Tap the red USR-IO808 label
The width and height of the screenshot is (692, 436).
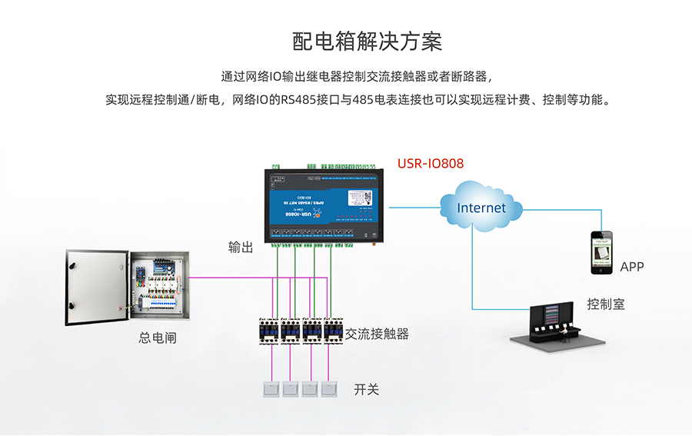coord(431,164)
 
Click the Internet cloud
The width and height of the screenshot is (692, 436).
coord(481,207)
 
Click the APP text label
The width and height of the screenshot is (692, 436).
coord(631,268)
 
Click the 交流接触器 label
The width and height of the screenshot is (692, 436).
coord(377,334)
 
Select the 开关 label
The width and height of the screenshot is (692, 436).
coord(367,389)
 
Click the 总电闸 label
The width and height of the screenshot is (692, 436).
coord(157,337)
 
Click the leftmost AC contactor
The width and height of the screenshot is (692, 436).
coord(269,332)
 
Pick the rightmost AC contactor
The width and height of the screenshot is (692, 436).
coord(333,332)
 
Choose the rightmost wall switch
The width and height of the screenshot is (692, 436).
coord(328,389)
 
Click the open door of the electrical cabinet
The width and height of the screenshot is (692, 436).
coord(95,286)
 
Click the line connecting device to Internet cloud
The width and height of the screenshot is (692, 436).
coord(414,207)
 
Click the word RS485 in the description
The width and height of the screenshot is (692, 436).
coord(296,100)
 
